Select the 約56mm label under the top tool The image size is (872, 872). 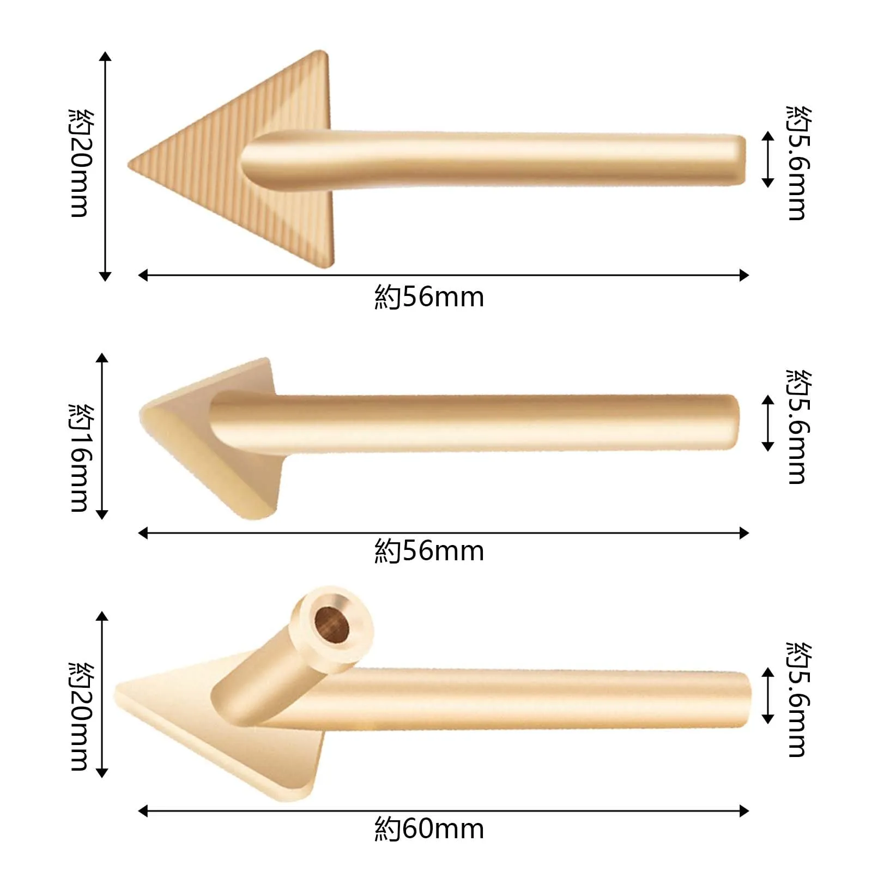point(429,297)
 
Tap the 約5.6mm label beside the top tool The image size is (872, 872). point(799,163)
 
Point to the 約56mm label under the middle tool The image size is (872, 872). point(429,551)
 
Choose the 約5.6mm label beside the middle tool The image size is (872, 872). point(799,427)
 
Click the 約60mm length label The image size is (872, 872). point(429,829)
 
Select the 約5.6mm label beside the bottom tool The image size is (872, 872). point(799,700)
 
